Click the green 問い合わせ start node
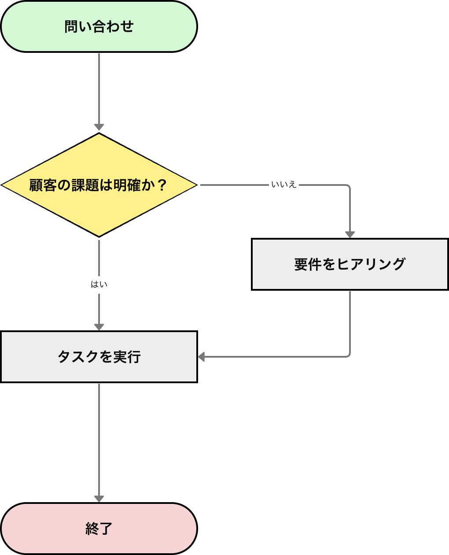pyautogui.click(x=99, y=26)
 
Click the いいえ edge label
pyautogui.click(x=284, y=185)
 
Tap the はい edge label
pyautogui.click(x=99, y=285)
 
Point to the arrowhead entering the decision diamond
pyautogui.click(x=99, y=128)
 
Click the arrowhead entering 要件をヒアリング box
pyautogui.click(x=350, y=234)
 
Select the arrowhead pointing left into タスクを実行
pyautogui.click(x=202, y=357)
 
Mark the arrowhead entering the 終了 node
pyautogui.click(x=99, y=498)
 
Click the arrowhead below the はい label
pyautogui.click(x=99, y=327)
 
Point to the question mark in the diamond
pyautogui.click(x=162, y=185)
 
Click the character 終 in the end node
pyautogui.click(x=92, y=529)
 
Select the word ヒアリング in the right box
pyautogui.click(x=371, y=264)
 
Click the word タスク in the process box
pyautogui.click(x=78, y=357)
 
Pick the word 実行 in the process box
pyautogui.click(x=127, y=357)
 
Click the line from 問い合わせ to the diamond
pyautogui.click(x=99, y=88)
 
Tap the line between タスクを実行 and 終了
pyautogui.click(x=99, y=440)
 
